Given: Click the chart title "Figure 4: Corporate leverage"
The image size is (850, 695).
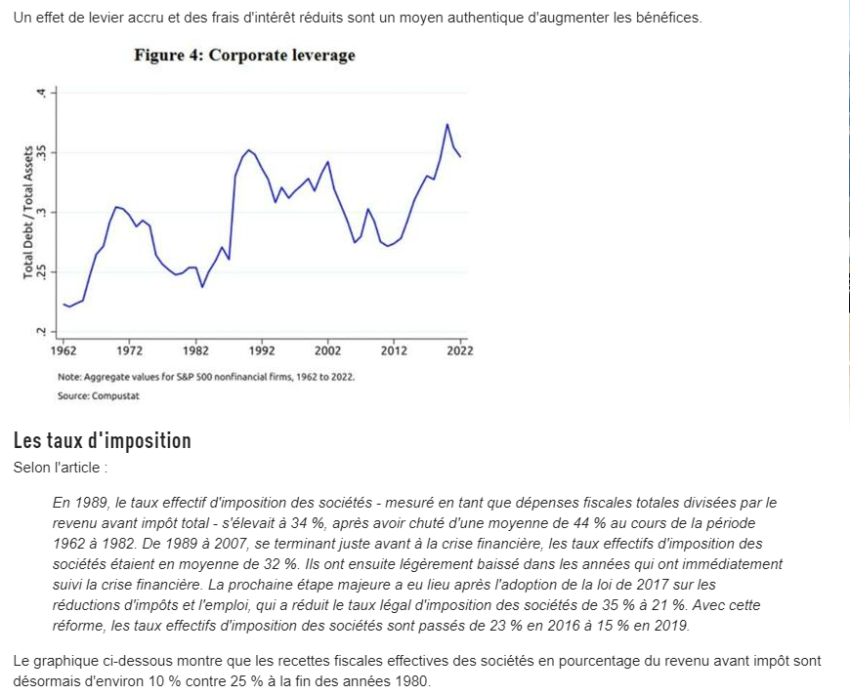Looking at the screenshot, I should [244, 56].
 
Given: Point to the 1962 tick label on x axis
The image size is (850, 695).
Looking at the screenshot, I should [64, 350].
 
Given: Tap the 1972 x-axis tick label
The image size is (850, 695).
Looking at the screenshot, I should [130, 350].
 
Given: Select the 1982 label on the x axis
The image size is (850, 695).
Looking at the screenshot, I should [195, 350].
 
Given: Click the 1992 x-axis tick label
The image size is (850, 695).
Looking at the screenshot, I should [262, 350].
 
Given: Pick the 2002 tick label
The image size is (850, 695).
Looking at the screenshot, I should [328, 350].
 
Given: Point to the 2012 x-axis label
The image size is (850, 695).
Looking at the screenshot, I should [394, 350].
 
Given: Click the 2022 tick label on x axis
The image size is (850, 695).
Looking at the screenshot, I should [460, 350].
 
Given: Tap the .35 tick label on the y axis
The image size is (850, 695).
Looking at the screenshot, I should [41, 152].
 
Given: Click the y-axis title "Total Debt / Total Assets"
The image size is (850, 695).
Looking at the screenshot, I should [28, 212].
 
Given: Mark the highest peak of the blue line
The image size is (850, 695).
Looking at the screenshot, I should [447, 124].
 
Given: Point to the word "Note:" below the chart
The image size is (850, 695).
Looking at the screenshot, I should [69, 376].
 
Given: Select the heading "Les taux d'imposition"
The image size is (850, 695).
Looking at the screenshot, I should [103, 441].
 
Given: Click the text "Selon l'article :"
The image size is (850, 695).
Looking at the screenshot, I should [57, 468].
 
